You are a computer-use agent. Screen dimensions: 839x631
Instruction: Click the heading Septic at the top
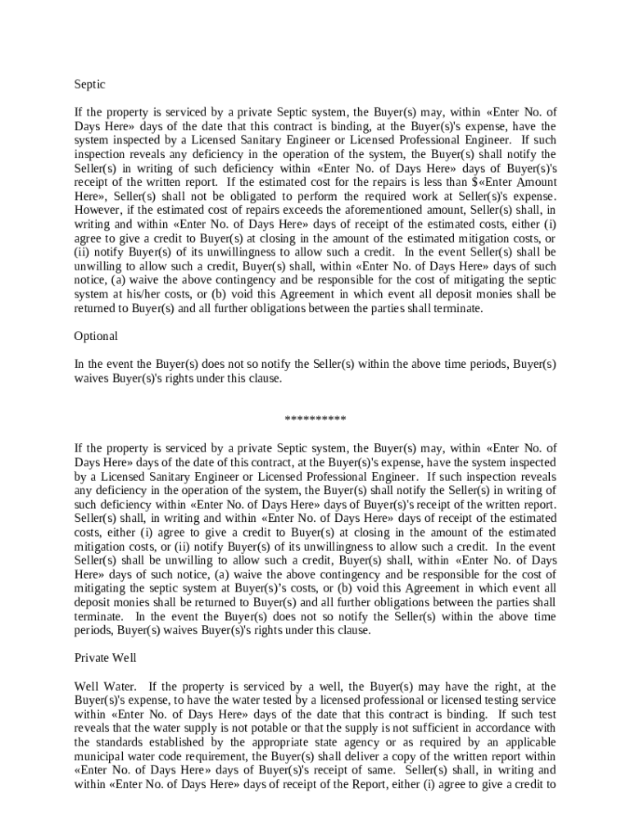pos(89,84)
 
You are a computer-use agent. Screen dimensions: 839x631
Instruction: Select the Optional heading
pos(96,336)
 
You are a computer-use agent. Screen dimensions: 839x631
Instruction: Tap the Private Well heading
pos(105,658)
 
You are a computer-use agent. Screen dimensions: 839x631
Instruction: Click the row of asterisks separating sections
pos(315,420)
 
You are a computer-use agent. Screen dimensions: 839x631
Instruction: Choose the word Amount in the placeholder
pos(535,182)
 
